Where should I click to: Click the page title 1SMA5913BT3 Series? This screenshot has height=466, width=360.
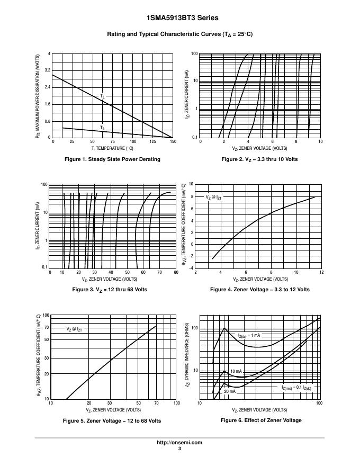[x=179, y=18]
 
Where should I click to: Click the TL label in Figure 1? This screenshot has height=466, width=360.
[x=102, y=96]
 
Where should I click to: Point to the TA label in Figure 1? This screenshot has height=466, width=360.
[x=102, y=128]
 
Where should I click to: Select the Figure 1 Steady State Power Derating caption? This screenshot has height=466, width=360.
[x=112, y=159]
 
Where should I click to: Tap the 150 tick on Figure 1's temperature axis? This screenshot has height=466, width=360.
[x=173, y=142]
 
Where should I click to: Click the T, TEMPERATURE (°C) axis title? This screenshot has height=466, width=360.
[x=111, y=148]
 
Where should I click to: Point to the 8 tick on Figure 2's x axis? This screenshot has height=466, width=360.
[x=296, y=142]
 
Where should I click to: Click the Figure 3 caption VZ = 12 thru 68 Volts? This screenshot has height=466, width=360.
[x=112, y=290]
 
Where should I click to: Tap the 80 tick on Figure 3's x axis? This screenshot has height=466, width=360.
[x=176, y=273]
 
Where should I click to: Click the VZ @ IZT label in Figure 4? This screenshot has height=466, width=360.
[x=214, y=197]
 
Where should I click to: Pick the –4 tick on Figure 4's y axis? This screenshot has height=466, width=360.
[x=191, y=268]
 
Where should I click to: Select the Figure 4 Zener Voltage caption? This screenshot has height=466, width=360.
[x=259, y=290]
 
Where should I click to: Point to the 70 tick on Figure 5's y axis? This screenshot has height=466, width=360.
[x=47, y=328]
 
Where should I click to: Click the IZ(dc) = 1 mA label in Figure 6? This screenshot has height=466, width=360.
[x=249, y=336]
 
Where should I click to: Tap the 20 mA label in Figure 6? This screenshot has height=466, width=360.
[x=229, y=391]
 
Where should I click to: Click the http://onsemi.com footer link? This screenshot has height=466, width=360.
[x=179, y=443]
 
